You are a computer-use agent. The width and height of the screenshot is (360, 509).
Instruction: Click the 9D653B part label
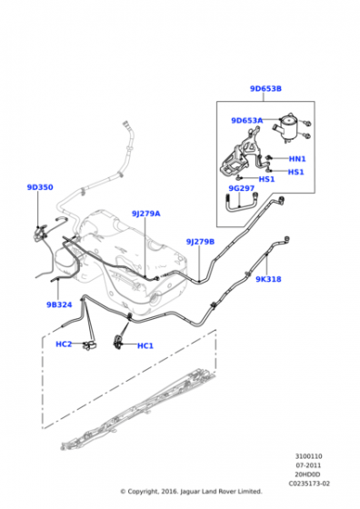pyautogui.click(x=265, y=89)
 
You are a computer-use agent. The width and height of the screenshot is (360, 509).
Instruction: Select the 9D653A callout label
pyautogui.click(x=246, y=120)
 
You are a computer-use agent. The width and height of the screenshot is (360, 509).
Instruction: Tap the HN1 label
pyautogui.click(x=297, y=159)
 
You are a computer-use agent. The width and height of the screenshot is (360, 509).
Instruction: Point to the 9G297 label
pyautogui.click(x=241, y=188)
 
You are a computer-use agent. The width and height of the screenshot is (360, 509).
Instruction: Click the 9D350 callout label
pyautogui.click(x=40, y=187)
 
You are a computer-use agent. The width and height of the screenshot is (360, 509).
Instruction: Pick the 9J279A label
pyautogui.click(x=145, y=214)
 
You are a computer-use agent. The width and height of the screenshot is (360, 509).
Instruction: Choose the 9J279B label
pyautogui.click(x=200, y=242)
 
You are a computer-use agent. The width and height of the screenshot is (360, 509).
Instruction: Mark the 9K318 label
pyautogui.click(x=268, y=279)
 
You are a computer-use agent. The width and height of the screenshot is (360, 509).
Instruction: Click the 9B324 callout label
pyautogui.click(x=59, y=304)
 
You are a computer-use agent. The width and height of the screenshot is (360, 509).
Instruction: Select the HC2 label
pyautogui.click(x=64, y=344)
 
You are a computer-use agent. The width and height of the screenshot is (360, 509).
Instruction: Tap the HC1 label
pyautogui.click(x=145, y=345)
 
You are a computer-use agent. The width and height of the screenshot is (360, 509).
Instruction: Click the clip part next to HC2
pyautogui.click(x=89, y=344)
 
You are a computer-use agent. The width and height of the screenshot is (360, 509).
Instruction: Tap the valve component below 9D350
pyautogui.click(x=40, y=233)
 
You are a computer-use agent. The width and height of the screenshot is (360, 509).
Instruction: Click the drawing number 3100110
pyautogui.click(x=308, y=456)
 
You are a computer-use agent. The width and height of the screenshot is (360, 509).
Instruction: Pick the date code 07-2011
pyautogui.click(x=308, y=465)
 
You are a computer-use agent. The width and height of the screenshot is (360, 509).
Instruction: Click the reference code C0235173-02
pyautogui.click(x=309, y=484)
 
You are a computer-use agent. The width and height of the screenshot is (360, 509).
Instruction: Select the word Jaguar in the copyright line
pyautogui.click(x=190, y=492)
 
